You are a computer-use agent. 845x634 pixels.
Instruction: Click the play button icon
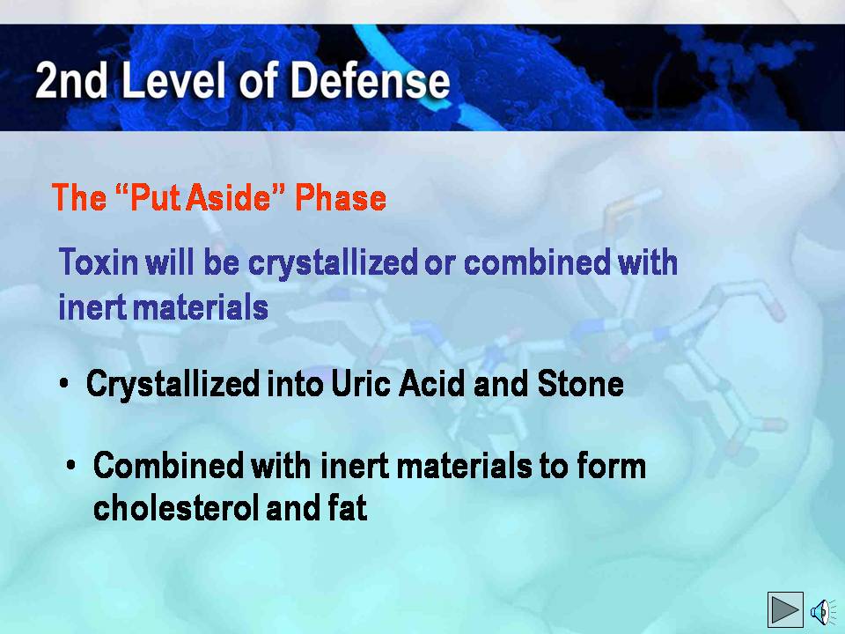click(785, 609)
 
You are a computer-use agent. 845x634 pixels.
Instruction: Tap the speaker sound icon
click(822, 612)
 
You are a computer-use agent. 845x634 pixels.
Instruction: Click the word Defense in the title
click(370, 81)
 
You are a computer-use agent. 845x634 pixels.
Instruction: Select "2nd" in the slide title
click(71, 81)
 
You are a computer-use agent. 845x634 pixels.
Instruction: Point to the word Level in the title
click(173, 81)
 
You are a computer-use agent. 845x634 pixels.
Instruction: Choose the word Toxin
click(99, 262)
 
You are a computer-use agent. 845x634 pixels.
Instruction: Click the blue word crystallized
click(333, 264)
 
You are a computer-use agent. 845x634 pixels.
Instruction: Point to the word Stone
click(581, 384)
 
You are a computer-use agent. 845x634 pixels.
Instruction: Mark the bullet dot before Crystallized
click(64, 384)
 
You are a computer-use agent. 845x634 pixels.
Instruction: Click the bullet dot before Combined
click(71, 465)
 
